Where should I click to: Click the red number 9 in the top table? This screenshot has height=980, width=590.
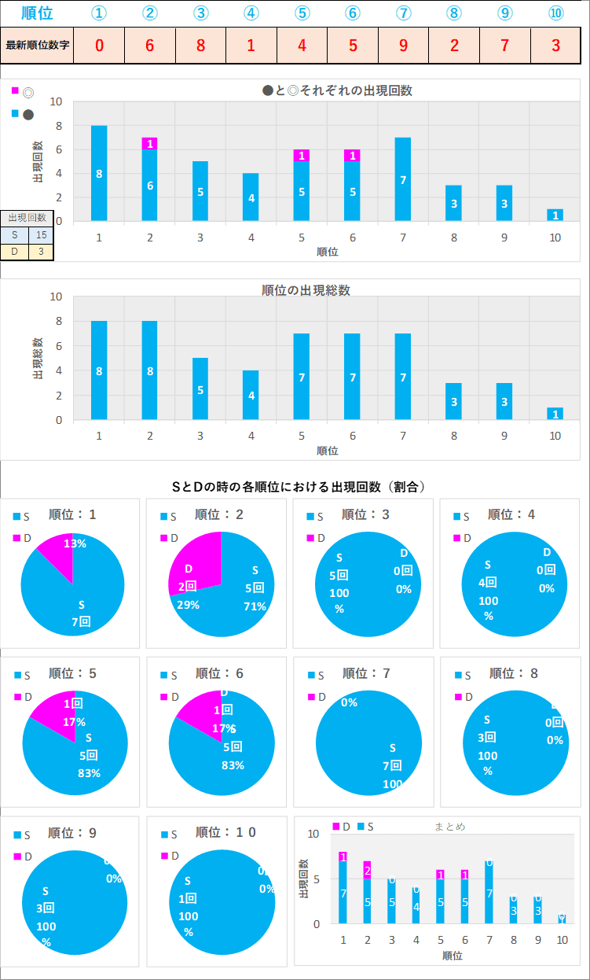click(x=403, y=45)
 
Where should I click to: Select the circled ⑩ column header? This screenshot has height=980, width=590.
click(x=555, y=13)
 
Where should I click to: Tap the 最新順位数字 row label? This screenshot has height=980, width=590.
click(x=38, y=45)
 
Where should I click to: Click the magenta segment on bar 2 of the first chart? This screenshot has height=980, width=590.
click(x=149, y=143)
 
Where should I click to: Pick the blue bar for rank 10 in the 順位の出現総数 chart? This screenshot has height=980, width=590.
click(x=555, y=414)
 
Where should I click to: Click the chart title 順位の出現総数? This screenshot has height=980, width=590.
click(x=306, y=290)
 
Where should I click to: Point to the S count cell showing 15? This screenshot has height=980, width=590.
click(x=41, y=234)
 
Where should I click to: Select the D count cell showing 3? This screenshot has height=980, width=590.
click(x=41, y=252)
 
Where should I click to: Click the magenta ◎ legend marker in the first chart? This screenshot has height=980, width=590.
click(x=15, y=90)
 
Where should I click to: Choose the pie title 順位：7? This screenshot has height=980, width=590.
click(x=368, y=673)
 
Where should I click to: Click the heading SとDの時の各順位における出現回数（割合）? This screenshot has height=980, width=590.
click(x=299, y=487)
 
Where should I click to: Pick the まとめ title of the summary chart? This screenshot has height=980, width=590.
click(x=449, y=827)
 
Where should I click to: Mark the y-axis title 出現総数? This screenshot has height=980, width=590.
click(x=38, y=359)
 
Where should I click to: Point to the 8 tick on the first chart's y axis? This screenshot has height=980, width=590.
click(x=57, y=126)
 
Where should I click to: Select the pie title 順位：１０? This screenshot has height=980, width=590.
click(x=225, y=832)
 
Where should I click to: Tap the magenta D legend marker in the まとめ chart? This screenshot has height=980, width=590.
click(x=335, y=827)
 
